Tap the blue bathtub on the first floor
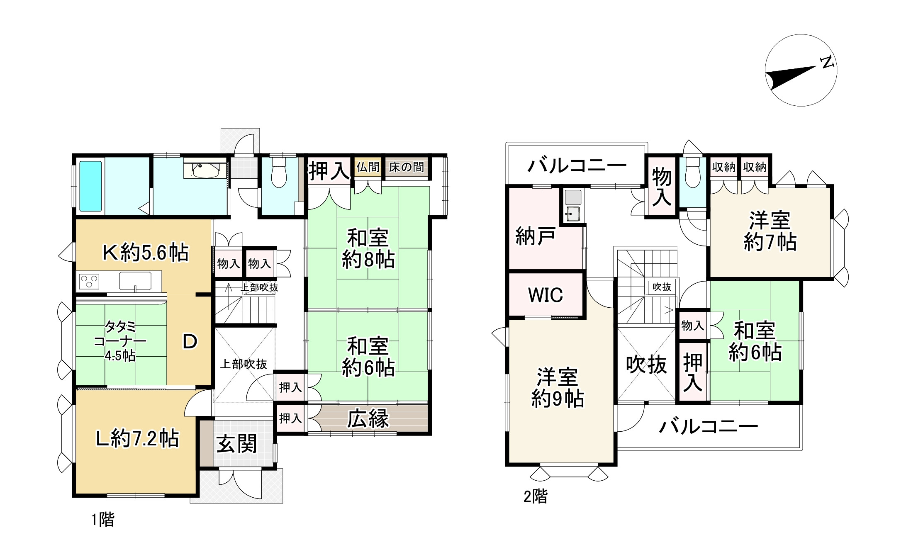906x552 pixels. (x=90, y=186)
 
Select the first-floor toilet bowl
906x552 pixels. (x=279, y=174)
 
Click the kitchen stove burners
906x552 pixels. (x=89, y=281)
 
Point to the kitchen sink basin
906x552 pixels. (x=135, y=281)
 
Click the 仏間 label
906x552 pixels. (x=368, y=167)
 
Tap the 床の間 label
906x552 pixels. (x=407, y=167)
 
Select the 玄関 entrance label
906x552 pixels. (x=237, y=444)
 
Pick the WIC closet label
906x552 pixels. (x=546, y=295)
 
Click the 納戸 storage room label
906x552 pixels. (x=535, y=236)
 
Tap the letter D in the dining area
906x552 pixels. (x=190, y=342)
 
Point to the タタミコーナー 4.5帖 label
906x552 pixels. (x=120, y=341)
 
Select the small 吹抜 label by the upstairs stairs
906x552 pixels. (x=662, y=287)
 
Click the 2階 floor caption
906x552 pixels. (x=535, y=496)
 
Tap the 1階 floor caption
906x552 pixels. (x=102, y=519)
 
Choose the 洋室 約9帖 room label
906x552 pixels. (x=558, y=387)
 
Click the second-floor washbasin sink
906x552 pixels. (x=573, y=214)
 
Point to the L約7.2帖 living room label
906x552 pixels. (x=137, y=439)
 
